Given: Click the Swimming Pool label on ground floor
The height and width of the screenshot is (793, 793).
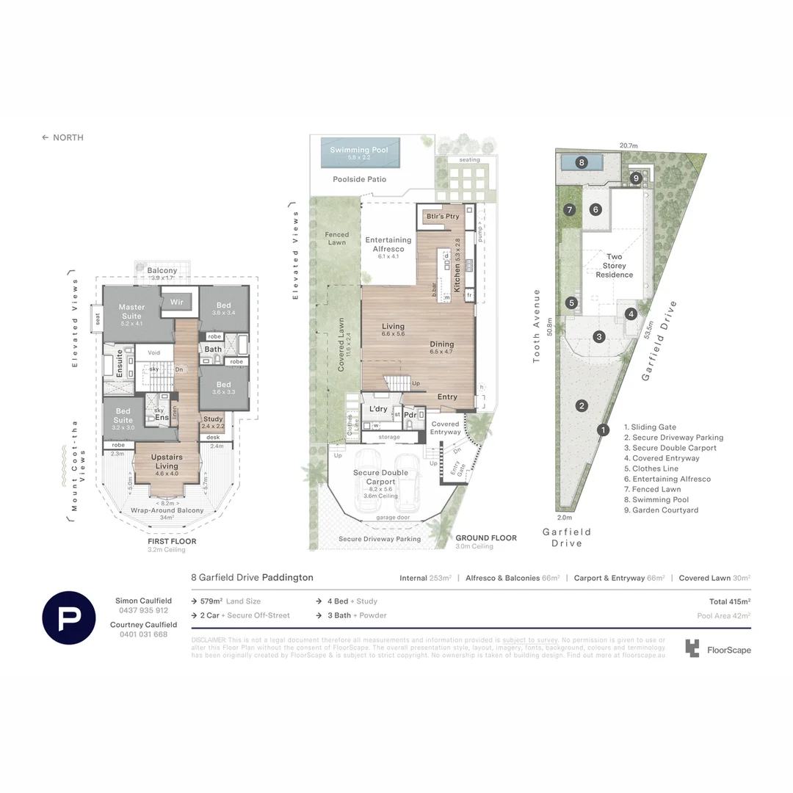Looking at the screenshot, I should point(359,150).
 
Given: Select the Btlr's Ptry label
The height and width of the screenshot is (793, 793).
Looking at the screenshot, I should point(443,216).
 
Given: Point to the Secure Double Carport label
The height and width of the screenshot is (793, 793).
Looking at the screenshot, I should point(381,477).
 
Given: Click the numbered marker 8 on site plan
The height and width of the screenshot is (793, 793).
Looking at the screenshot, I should point(581,162).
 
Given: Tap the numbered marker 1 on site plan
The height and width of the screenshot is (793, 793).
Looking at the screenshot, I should point(603,430).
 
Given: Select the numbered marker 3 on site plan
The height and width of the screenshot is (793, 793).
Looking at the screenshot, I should point(599,337).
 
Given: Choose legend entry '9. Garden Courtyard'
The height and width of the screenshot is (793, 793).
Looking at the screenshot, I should point(661,510).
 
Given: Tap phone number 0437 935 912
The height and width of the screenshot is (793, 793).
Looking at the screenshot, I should point(143,610).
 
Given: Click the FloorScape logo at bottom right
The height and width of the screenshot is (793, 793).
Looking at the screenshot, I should point(717,649).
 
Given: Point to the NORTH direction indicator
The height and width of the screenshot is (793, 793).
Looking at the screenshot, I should point(62,137).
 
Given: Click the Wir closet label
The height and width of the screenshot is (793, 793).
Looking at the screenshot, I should point(176,302).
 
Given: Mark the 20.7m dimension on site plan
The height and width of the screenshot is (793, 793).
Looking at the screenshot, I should point(628,145).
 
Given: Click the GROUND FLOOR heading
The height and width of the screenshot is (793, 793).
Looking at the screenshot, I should point(485,537).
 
